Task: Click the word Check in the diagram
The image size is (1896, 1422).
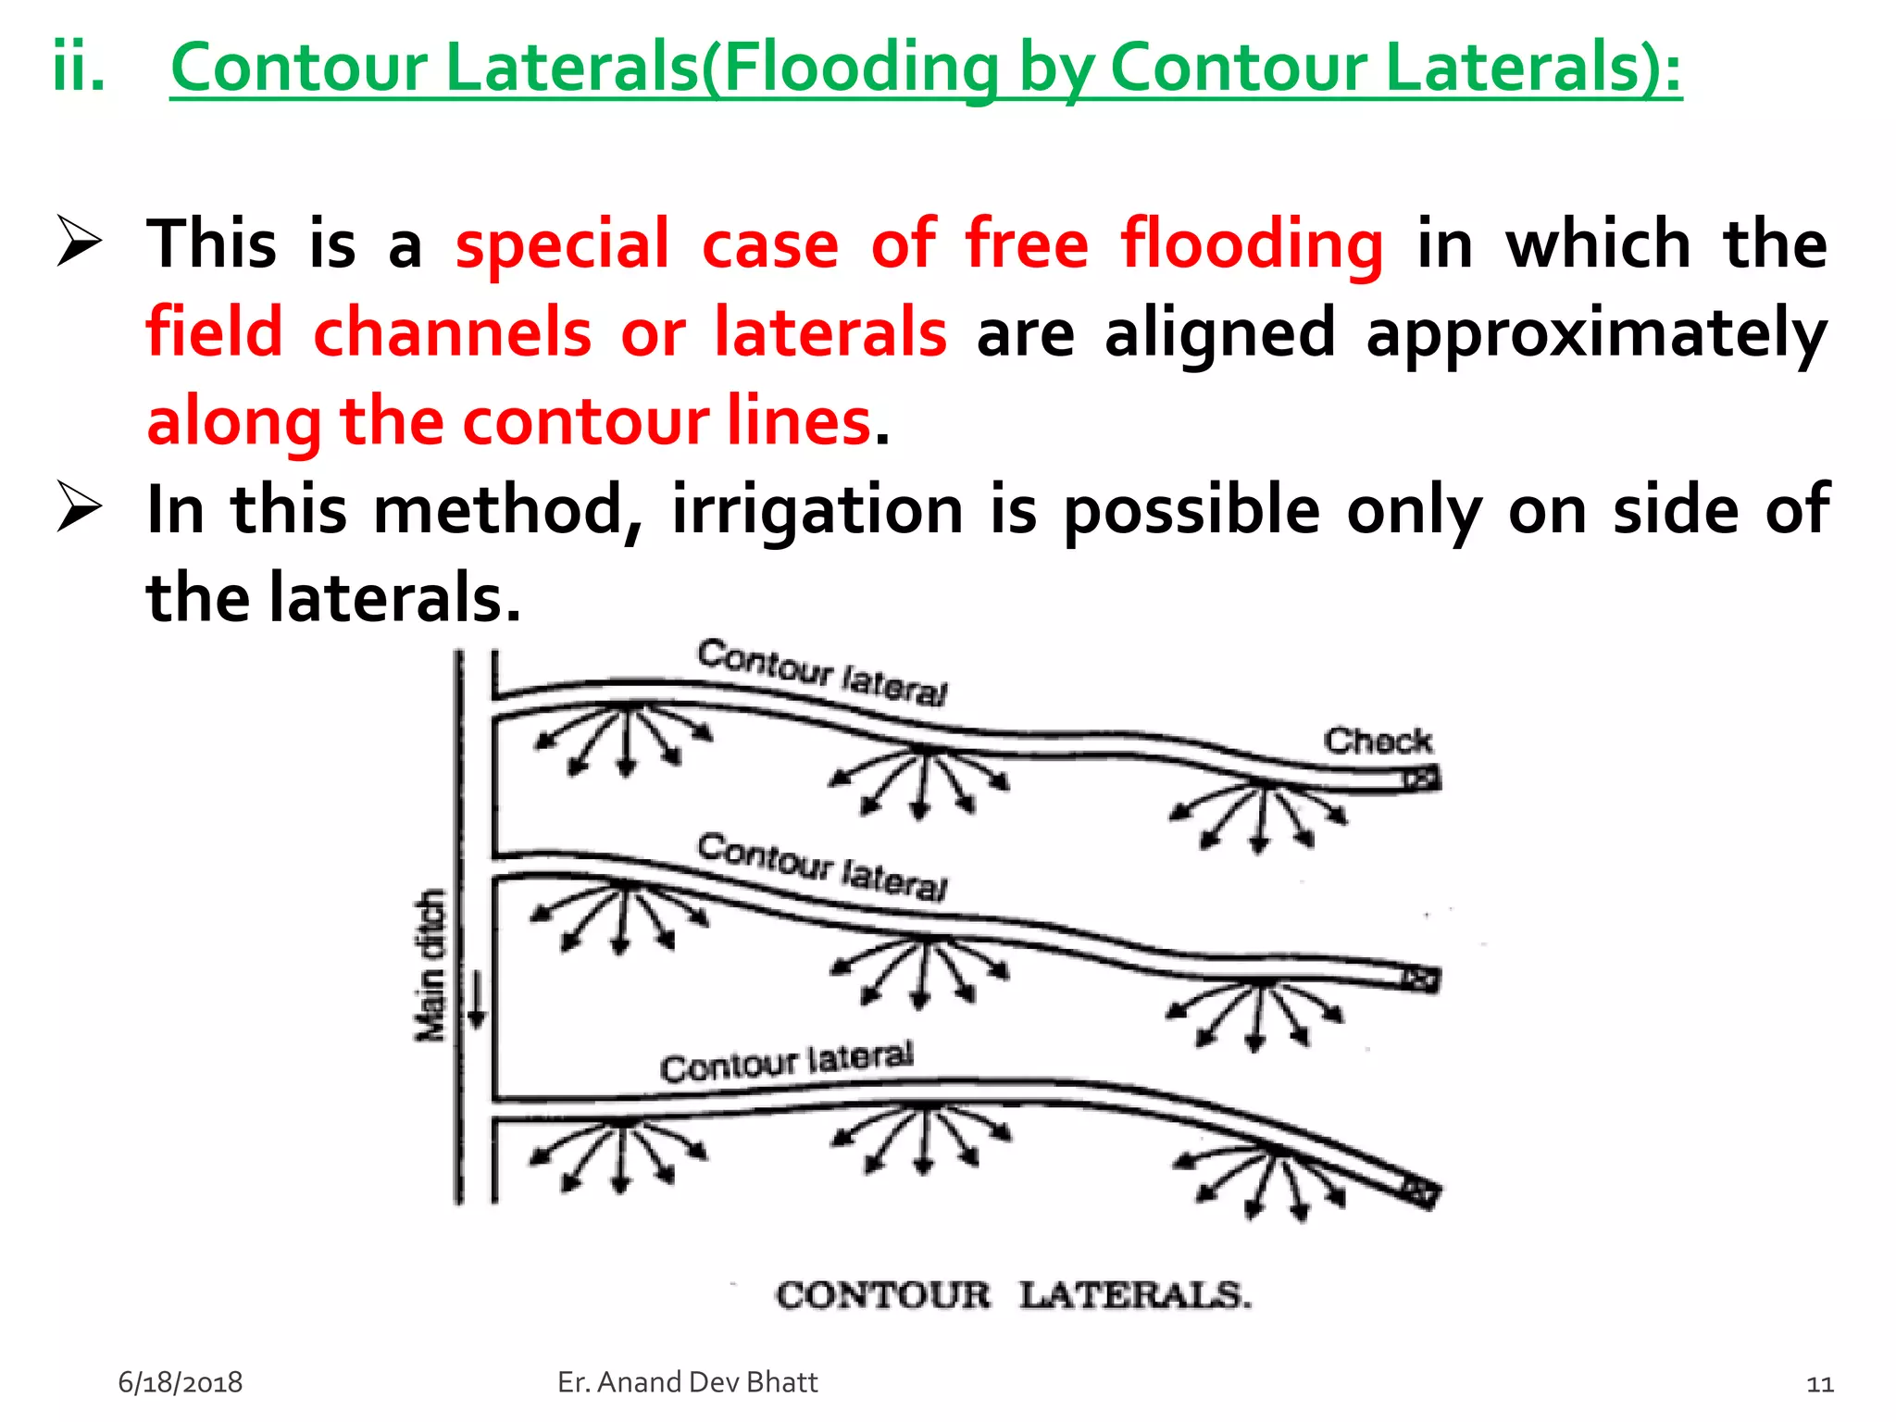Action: tap(1377, 741)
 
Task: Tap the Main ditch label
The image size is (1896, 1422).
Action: tap(430, 966)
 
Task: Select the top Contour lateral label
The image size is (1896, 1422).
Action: tap(822, 672)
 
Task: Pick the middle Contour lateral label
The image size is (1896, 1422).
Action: tap(822, 867)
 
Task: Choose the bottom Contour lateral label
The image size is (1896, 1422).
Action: tap(787, 1061)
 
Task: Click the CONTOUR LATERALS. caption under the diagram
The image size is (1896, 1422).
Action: tap(1014, 1295)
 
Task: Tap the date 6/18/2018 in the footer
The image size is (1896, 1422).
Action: tap(181, 1382)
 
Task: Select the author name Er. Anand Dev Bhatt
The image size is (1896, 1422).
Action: tap(688, 1382)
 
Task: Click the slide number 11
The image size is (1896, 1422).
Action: tap(1820, 1384)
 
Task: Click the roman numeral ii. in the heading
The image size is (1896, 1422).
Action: tap(79, 67)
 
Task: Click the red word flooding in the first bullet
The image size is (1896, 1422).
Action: tap(1253, 244)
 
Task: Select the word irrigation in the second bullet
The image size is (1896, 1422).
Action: tap(818, 510)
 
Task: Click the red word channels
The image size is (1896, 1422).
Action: tap(452, 332)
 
